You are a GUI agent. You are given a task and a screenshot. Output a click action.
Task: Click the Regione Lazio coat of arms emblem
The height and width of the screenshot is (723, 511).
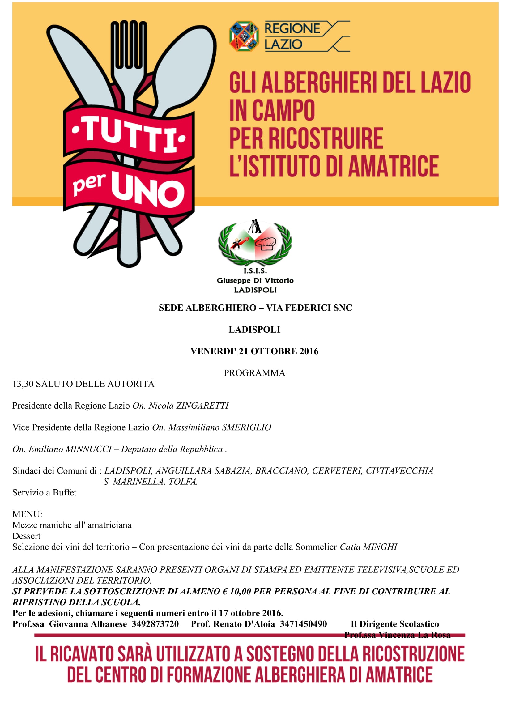[244, 36]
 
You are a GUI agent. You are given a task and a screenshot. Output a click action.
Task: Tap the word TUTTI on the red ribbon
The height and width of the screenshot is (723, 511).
[129, 135]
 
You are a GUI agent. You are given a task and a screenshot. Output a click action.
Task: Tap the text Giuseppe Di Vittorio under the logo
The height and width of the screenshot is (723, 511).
[255, 281]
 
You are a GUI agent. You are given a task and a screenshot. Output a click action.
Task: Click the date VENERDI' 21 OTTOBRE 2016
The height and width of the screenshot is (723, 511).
[254, 351]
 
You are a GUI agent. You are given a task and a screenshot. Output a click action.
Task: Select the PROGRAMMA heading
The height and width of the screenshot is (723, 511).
[254, 373]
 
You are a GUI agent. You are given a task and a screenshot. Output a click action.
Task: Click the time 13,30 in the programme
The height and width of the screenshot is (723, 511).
[23, 384]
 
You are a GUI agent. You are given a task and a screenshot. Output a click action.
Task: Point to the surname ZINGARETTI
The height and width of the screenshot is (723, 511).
[202, 406]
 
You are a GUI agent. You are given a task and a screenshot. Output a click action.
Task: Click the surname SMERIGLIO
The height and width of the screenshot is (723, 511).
[246, 427]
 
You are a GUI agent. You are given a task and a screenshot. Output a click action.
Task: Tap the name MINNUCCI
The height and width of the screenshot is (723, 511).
[88, 449]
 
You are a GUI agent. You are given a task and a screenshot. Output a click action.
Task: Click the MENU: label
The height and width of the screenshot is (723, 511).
[27, 514]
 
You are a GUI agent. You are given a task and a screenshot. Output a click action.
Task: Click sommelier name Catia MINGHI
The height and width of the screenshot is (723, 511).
[368, 547]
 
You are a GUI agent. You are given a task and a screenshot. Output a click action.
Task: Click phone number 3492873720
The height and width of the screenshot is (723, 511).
[155, 624]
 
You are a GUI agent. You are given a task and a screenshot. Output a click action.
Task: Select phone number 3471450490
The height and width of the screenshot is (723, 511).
[303, 624]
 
